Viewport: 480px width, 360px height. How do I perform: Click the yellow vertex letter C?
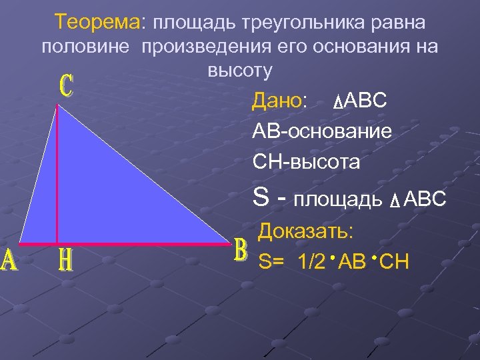click(65, 87)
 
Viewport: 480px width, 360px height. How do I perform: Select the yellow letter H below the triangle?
click(64, 260)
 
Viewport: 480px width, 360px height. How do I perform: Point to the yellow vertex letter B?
click(241, 251)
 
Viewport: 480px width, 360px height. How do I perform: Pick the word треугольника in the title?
click(296, 23)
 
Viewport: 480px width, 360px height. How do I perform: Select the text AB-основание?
click(321, 131)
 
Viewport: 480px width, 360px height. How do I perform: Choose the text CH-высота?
click(306, 161)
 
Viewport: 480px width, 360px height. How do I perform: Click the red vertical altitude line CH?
click(57, 173)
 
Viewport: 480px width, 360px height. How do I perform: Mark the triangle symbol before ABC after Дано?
click(337, 103)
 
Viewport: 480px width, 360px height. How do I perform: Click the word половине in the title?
click(86, 47)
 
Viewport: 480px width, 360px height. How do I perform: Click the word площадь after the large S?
click(339, 199)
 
